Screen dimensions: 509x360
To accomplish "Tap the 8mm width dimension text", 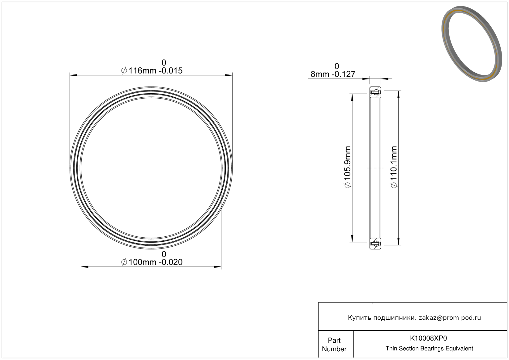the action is (320, 74).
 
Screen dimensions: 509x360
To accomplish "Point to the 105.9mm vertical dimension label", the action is (348, 167).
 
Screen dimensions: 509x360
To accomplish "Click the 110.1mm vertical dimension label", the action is (394, 167).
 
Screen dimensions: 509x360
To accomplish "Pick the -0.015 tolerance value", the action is (171, 71).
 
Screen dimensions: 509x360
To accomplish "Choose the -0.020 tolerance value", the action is (171, 262).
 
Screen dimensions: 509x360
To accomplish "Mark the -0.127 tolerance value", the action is (343, 74).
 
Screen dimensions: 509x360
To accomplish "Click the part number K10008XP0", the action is (428, 338).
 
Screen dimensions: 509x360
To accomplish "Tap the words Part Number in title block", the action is (334, 345).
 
